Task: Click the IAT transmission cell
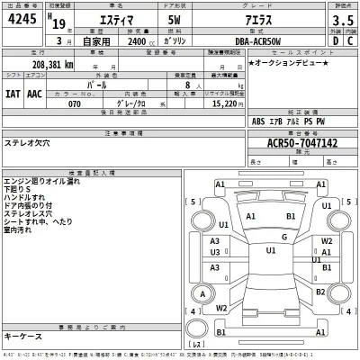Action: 13,93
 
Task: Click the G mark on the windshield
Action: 283,237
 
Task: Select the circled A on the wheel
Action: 203,294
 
